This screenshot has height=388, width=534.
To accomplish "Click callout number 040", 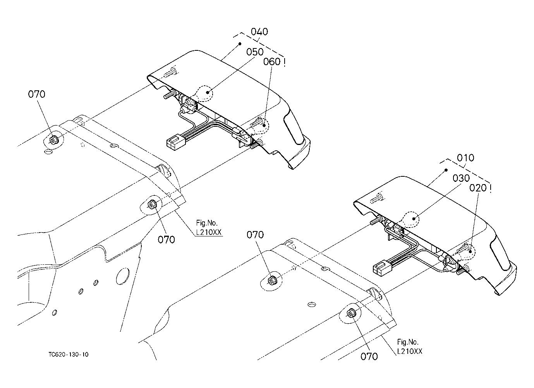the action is point(259,32).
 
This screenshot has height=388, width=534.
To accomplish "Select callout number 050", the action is point(255,52).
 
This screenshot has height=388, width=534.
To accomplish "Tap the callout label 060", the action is point(272,62).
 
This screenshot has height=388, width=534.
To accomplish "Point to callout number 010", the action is point(465,158).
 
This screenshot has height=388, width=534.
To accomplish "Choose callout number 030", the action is point(461,178).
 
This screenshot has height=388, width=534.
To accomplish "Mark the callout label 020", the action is point(478,188).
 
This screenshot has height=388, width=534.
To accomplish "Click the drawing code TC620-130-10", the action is point(69,355).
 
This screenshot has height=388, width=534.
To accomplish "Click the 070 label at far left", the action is point(36,94).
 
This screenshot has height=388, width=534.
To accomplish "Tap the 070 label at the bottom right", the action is point(369,357).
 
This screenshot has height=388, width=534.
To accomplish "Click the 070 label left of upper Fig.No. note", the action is point(166,240).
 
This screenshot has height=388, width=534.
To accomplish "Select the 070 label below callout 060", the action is point(255,235).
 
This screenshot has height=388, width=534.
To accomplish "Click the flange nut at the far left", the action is point(53,140).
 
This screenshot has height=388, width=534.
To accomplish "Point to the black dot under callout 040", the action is point(240,44).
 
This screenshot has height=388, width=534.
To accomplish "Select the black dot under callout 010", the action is point(446,170).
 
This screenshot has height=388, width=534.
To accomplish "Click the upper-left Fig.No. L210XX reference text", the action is point(209,228).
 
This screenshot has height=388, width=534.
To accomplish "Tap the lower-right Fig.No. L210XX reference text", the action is point(410,347).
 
